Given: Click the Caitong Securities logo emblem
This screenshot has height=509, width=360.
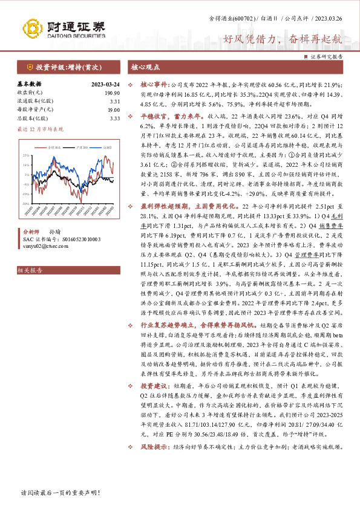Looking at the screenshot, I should click(x=32, y=28).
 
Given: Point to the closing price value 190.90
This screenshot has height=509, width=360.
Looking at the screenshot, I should click(x=111, y=92).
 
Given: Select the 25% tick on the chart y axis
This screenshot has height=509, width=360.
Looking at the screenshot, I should click(x=27, y=152).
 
